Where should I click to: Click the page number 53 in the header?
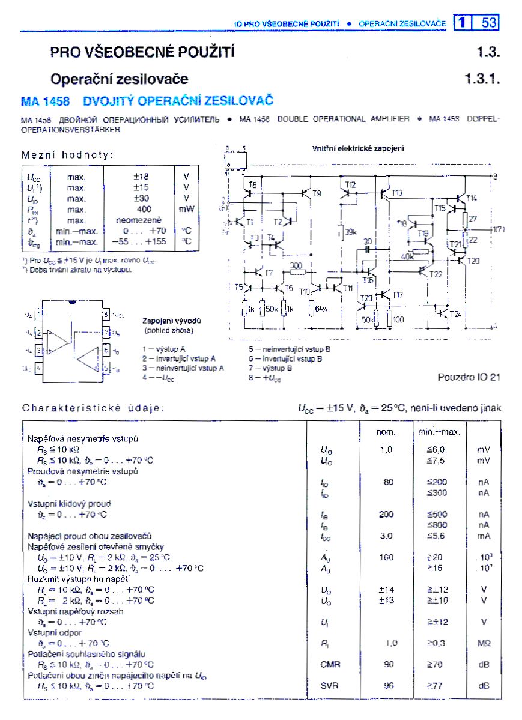click(489, 22)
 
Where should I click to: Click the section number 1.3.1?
click(482, 79)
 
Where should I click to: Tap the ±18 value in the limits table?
click(141, 177)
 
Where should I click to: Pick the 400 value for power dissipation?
click(144, 209)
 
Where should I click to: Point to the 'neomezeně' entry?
click(140, 220)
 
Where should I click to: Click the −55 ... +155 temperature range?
click(139, 241)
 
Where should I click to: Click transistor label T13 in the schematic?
click(398, 193)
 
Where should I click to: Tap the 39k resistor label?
click(351, 231)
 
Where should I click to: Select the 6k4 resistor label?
click(323, 308)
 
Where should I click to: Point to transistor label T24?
click(456, 314)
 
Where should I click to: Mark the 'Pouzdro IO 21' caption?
click(469, 377)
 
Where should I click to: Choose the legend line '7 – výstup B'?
click(270, 368)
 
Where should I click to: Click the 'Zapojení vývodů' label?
click(171, 321)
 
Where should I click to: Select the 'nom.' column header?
click(386, 432)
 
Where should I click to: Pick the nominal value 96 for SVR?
click(389, 685)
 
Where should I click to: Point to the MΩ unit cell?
click(484, 643)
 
